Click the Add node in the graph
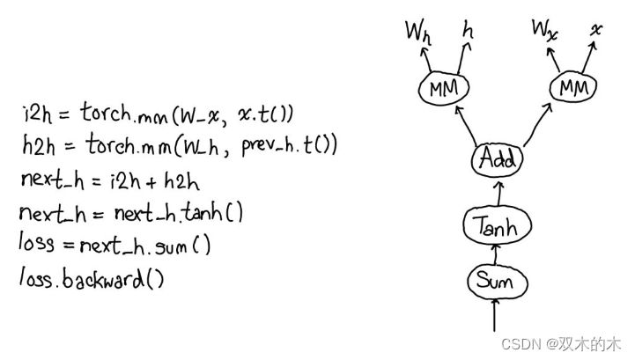[x=497, y=160]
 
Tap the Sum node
[x=495, y=282]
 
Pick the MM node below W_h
[x=444, y=88]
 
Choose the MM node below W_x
[x=573, y=88]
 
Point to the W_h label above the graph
[x=417, y=33]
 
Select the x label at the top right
[x=597, y=29]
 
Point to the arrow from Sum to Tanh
[x=496, y=254]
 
